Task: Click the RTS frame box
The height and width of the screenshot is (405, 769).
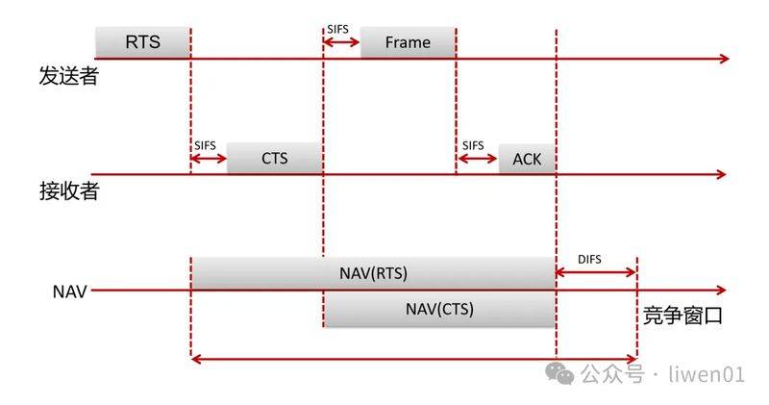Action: [142, 42]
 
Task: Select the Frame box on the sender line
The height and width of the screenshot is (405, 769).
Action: [408, 42]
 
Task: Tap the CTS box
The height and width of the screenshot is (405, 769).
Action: [275, 158]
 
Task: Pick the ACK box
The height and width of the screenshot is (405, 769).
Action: [527, 159]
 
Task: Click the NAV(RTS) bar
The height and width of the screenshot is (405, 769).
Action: [373, 273]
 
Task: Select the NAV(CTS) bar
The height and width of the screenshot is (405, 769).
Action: [439, 309]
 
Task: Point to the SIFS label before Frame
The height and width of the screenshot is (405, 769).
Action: [338, 30]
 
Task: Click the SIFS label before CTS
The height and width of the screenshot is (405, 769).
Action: [205, 146]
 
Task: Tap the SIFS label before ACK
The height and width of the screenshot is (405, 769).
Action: [473, 146]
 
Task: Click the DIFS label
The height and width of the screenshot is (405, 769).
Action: [589, 259]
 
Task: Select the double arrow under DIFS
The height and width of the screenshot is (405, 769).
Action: [596, 272]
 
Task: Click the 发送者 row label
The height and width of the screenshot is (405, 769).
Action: [69, 76]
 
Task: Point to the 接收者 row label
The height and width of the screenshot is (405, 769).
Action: [69, 191]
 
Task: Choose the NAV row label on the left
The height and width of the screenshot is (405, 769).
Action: [69, 291]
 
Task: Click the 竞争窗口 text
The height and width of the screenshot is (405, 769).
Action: [682, 316]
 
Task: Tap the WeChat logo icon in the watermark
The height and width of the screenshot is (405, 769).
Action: [559, 374]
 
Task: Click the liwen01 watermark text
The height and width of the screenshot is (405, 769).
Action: [707, 374]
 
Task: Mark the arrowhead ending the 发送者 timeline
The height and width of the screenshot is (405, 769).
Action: [725, 59]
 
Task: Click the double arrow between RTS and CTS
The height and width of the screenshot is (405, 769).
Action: [209, 158]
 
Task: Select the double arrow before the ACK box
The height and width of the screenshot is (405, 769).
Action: [477, 158]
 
